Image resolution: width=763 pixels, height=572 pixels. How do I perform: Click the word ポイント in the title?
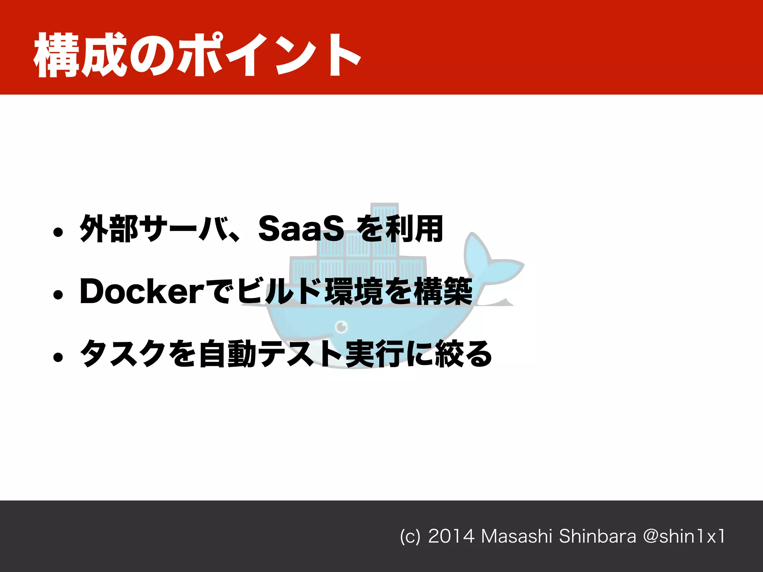(268, 55)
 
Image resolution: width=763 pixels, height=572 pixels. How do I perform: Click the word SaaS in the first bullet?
(301, 229)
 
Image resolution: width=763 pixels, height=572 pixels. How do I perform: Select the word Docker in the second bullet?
(142, 291)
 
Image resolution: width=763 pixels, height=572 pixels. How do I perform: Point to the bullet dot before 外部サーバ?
(58, 233)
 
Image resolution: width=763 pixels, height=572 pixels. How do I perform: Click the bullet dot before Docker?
(58, 295)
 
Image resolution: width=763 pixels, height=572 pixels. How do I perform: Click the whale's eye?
(341, 327)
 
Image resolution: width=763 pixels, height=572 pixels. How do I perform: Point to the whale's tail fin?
(484, 261)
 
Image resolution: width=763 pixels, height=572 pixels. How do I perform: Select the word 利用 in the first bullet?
(414, 229)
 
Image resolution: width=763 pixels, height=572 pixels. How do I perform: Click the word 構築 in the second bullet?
(443, 291)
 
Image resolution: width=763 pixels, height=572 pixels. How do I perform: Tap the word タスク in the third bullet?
(123, 354)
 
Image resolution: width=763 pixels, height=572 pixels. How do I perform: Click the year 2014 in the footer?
(451, 536)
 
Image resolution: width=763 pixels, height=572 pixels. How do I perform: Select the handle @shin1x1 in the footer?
(684, 536)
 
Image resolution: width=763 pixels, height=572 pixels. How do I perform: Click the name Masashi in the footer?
(516, 536)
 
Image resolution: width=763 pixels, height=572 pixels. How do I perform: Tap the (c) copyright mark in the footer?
(410, 537)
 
